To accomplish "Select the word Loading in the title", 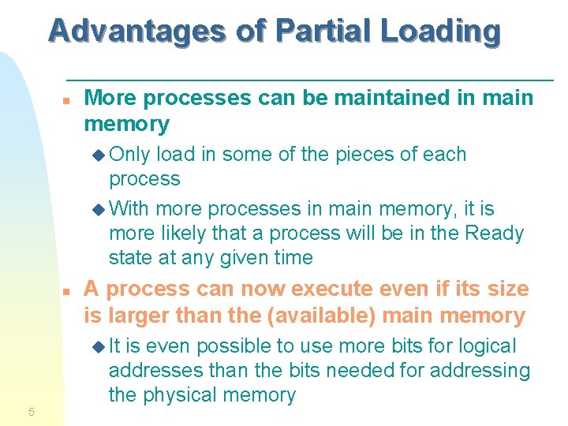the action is click(439, 31).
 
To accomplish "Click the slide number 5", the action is click(31, 411).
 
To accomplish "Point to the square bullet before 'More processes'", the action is click(69, 101).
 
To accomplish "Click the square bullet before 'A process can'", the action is click(69, 291).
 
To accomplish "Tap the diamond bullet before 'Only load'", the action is click(99, 155).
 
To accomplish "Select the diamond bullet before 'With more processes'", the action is click(99, 209).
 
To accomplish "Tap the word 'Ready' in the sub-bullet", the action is click(495, 234).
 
